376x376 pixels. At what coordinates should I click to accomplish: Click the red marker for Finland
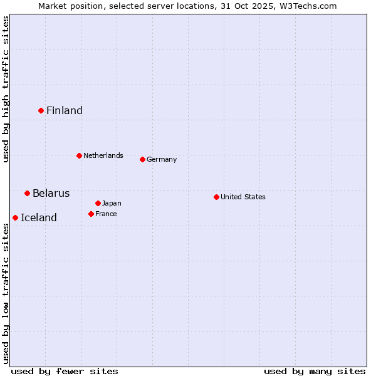(41, 110)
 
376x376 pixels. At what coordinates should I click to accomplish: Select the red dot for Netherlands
(79, 155)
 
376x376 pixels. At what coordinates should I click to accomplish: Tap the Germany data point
(142, 159)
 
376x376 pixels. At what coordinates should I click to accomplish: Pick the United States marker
(216, 197)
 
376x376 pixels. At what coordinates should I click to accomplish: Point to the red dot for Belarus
(27, 193)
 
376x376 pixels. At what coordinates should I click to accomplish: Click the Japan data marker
(98, 203)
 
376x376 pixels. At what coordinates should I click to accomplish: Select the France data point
(91, 214)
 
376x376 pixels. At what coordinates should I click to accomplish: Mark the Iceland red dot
(15, 217)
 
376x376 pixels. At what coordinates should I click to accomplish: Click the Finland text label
(65, 111)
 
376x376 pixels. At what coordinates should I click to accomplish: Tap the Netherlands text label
(103, 155)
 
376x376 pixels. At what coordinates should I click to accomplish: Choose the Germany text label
(162, 159)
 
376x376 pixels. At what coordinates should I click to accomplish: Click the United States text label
(243, 197)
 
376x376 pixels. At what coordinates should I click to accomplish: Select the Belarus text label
(51, 193)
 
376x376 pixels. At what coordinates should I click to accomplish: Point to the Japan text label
(112, 203)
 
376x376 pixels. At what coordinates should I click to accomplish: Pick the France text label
(106, 214)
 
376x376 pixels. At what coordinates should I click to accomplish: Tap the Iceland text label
(39, 218)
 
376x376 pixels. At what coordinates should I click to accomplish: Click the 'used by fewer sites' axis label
(65, 371)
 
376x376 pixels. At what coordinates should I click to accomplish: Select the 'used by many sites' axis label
(315, 371)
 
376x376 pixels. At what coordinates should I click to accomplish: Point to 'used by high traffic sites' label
(6, 90)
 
